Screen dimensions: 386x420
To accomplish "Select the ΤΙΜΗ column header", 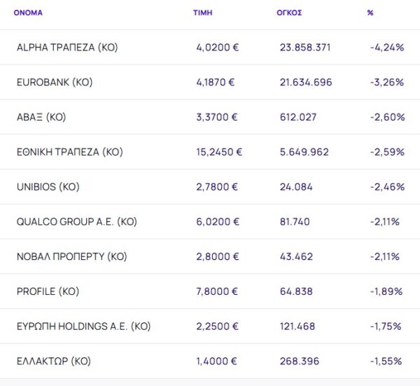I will [x=202, y=13].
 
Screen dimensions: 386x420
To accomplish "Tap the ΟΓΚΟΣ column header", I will [x=289, y=13].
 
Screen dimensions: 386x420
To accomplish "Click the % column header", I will [x=370, y=13].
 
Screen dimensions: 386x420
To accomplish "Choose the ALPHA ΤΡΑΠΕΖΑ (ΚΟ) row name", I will [x=67, y=48].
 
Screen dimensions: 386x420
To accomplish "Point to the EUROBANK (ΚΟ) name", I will [x=55, y=83].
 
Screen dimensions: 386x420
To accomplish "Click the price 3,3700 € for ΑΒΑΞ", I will [x=217, y=118].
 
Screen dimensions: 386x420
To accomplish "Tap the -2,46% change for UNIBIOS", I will [x=387, y=187].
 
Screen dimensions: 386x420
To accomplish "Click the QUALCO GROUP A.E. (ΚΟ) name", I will [x=76, y=222].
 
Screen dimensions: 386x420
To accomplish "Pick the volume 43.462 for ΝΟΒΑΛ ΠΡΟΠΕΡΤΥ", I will [x=296, y=257].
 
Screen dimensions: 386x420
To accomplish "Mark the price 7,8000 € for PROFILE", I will [x=217, y=291].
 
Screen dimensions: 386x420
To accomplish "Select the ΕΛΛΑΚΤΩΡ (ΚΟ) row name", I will [x=54, y=361].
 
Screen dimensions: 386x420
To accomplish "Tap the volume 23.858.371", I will [x=305, y=48].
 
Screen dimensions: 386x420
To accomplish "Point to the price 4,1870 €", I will [x=216, y=83].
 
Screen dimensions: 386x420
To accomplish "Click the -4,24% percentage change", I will [x=387, y=48].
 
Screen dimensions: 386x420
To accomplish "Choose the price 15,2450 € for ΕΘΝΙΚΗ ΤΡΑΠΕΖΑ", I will [x=219, y=152].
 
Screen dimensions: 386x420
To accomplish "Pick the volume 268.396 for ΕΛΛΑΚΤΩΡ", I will [x=300, y=361].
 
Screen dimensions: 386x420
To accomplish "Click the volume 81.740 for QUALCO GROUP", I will [x=295, y=222].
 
